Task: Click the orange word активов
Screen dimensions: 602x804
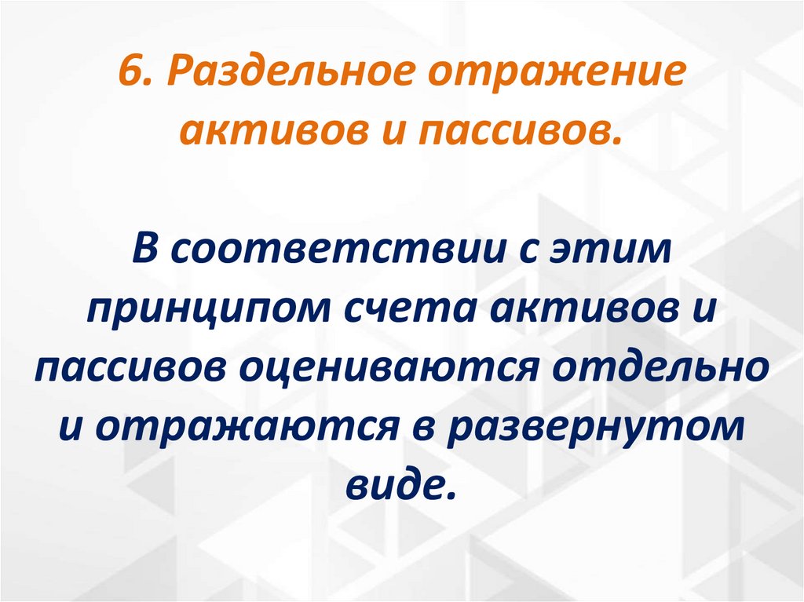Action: (x=261, y=132)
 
